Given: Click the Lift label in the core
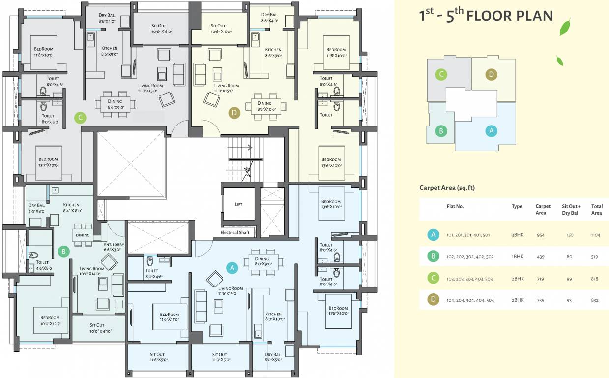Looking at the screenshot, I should (x=238, y=204).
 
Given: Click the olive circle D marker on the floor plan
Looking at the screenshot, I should (x=234, y=113).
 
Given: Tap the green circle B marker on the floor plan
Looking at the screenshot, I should (x=63, y=252).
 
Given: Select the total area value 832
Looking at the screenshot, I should (x=596, y=300).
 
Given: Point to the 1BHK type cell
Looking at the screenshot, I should (x=517, y=257).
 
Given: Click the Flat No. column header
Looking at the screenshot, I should (x=455, y=207).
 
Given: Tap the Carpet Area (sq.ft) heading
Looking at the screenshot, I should (x=447, y=188).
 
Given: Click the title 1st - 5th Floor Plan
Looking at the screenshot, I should (x=485, y=15).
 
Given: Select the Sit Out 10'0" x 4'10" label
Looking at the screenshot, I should (x=97, y=328).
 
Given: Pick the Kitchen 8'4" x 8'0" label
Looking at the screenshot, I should (x=71, y=207).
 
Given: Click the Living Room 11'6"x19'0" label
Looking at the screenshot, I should (x=231, y=291).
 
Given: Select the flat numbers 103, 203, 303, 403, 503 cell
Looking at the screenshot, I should (x=469, y=279).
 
